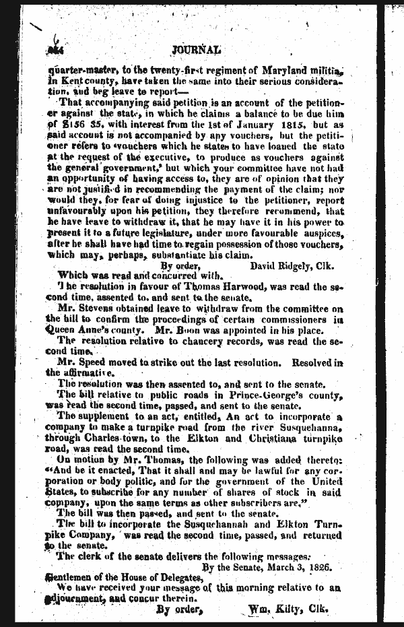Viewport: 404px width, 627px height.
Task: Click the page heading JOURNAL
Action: pos(196,48)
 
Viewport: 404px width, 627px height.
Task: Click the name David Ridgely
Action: pos(277,266)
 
